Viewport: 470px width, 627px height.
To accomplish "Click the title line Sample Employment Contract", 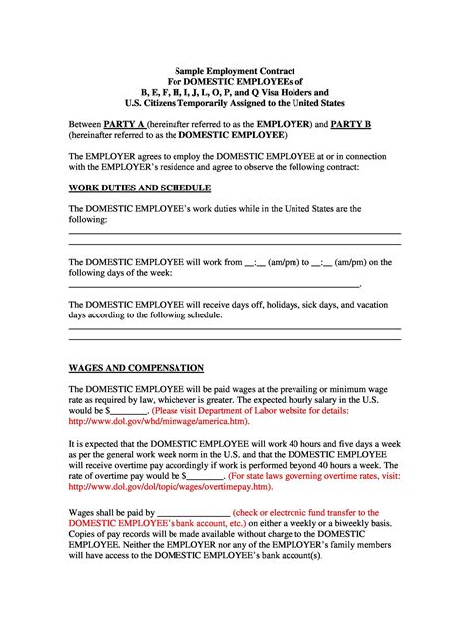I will coord(235,72).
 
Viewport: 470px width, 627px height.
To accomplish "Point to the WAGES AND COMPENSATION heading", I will coord(136,367).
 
